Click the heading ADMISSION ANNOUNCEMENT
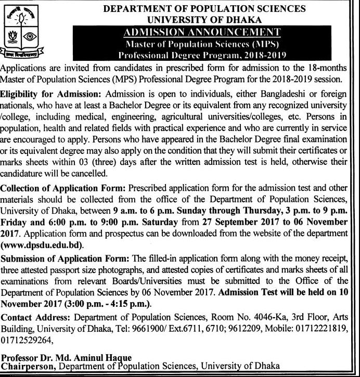pos(203,32)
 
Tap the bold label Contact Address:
pos(37,317)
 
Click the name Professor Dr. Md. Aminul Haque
pos(65,358)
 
